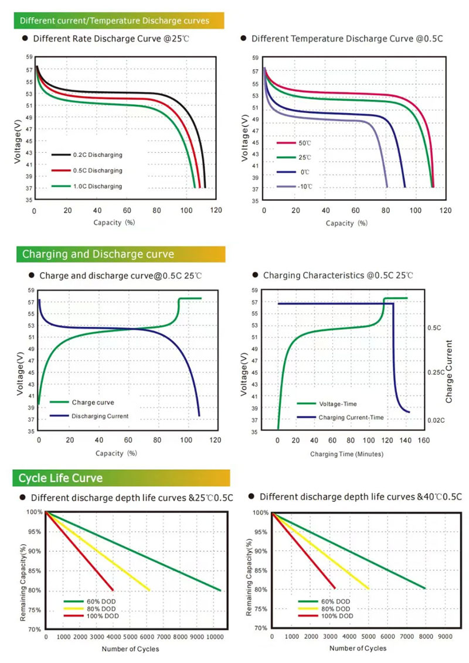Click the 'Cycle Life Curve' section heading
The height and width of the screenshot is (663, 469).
point(60,479)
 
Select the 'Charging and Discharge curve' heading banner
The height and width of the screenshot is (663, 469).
point(98,254)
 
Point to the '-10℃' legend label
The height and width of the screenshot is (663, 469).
point(303,187)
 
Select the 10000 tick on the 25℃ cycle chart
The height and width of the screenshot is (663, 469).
point(215,636)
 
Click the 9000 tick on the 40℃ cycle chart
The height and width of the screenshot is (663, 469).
point(445,635)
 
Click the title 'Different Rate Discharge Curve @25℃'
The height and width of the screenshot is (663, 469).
point(111,39)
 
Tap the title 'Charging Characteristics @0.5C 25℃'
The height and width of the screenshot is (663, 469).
point(338,275)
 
